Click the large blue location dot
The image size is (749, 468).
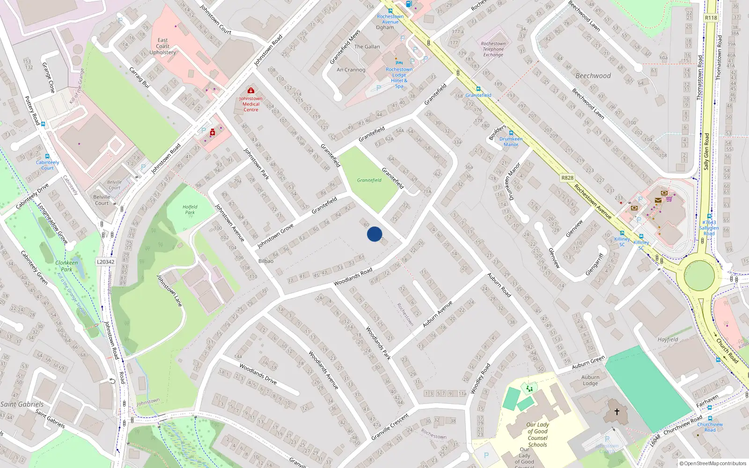pyautogui.click(x=374, y=234)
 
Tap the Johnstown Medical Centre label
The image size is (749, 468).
pyautogui.click(x=251, y=104)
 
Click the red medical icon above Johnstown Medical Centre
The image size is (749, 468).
pyautogui.click(x=251, y=90)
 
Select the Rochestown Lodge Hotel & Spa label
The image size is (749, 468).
pyautogui.click(x=399, y=78)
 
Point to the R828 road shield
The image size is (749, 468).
pyautogui.click(x=567, y=178)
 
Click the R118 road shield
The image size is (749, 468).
pyautogui.click(x=711, y=18)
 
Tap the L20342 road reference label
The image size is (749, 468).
pyautogui.click(x=106, y=262)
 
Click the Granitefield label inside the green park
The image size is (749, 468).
pyautogui.click(x=369, y=180)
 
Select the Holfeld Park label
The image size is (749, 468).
pyautogui.click(x=190, y=210)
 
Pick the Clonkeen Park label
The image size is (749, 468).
pyautogui.click(x=66, y=266)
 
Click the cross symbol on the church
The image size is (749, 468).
pyautogui.click(x=617, y=412)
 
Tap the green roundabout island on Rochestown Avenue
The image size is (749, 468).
pyautogui.click(x=699, y=276)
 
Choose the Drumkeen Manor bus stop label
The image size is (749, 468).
pyautogui.click(x=511, y=142)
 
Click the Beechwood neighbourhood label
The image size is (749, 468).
pyautogui.click(x=593, y=76)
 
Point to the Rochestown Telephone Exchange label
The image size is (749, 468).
pyautogui.click(x=493, y=49)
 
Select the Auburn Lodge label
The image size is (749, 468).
pyautogui.click(x=590, y=380)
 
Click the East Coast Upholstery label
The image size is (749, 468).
pyautogui.click(x=163, y=46)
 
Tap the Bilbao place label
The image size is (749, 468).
pyautogui.click(x=266, y=261)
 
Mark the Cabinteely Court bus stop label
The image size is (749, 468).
pyautogui.click(x=48, y=165)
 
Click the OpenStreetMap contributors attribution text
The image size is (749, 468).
pyautogui.click(x=713, y=464)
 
